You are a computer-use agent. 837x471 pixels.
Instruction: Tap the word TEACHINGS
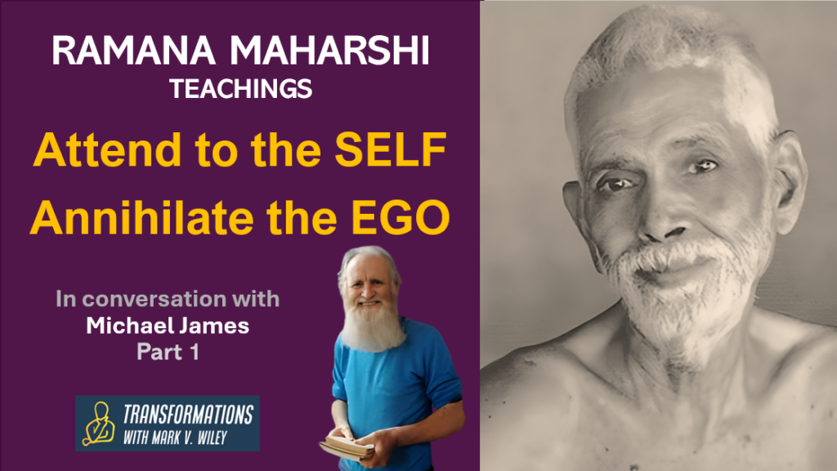coord(240,88)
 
